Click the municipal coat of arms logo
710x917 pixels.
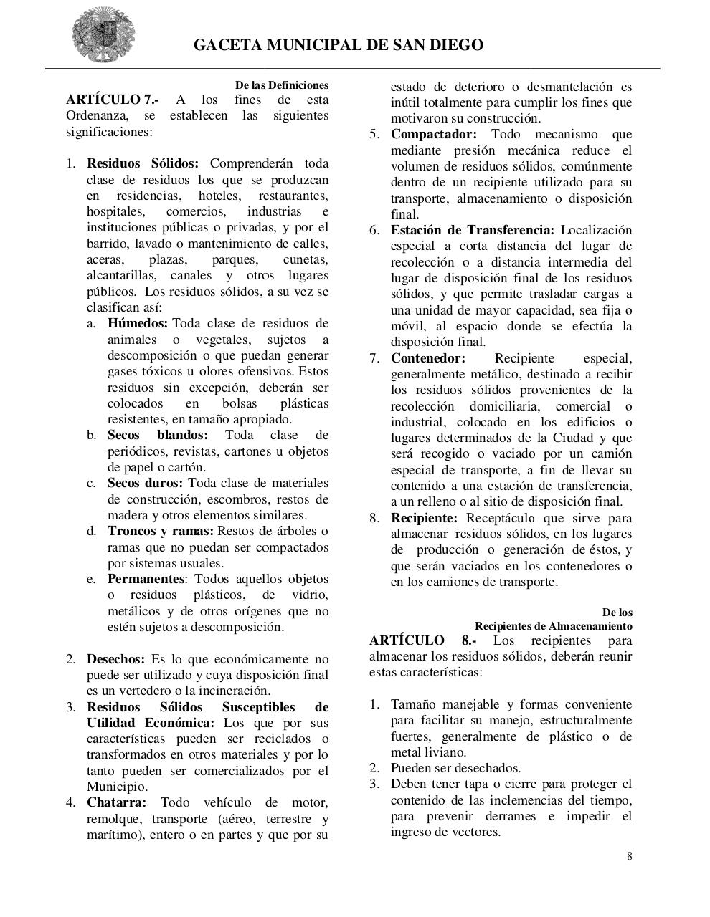point(103,34)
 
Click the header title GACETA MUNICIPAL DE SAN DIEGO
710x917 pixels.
point(339,45)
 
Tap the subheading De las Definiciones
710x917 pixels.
point(282,85)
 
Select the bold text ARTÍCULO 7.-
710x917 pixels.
point(113,100)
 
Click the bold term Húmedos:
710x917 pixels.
point(138,323)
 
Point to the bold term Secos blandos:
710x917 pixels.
point(158,435)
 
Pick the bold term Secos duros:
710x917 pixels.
point(145,483)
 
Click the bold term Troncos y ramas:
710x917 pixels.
point(161,531)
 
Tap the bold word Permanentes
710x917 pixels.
point(146,579)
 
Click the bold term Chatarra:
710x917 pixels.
point(116,802)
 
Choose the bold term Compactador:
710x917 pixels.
point(433,135)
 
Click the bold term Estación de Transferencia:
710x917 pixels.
point(472,230)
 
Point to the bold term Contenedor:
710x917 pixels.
point(427,358)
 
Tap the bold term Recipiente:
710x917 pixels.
point(424,518)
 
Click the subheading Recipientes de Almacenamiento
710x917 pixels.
point(553,626)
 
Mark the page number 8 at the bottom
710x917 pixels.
point(629,855)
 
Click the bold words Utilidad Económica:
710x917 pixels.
point(150,723)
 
